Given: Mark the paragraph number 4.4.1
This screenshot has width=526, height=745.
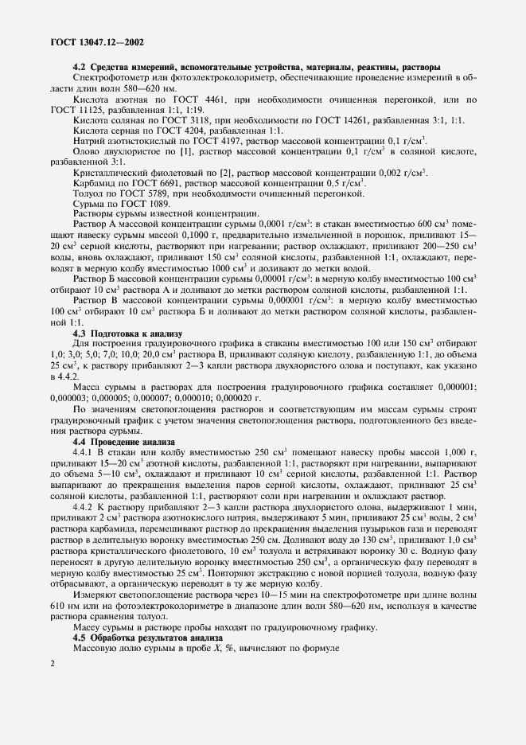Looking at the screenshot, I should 84,452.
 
